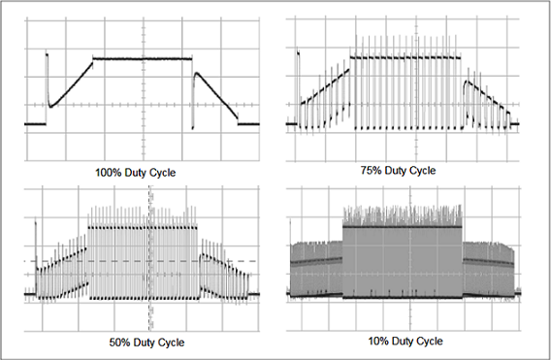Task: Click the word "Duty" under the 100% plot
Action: tap(140, 173)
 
